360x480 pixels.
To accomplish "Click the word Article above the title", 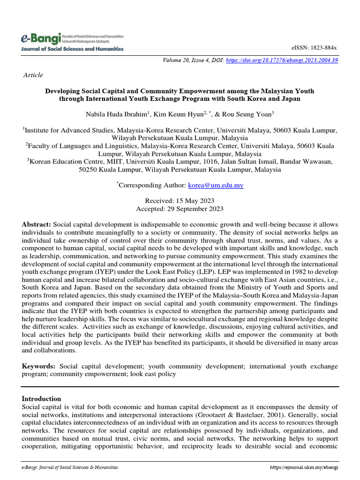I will (33, 75).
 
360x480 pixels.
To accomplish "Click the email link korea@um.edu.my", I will (216, 185).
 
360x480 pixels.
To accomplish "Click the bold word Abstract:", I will (37, 225).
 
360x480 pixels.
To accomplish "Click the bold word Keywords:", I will (39, 365).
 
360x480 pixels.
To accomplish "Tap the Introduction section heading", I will (42, 398).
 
